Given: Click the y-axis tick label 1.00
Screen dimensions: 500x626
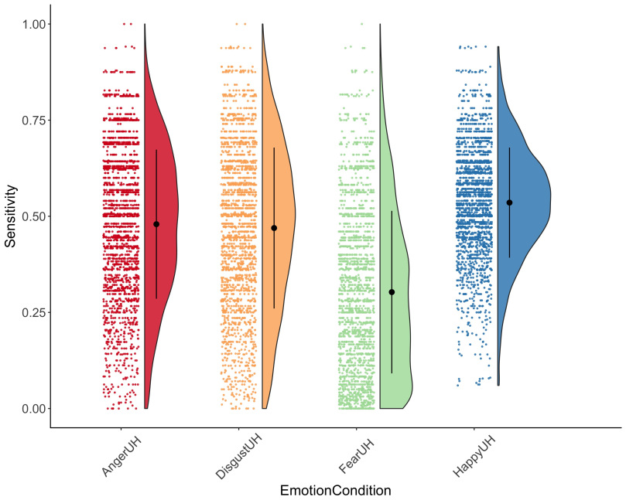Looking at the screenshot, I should [28, 24].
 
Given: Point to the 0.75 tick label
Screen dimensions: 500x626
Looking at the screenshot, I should [28, 120].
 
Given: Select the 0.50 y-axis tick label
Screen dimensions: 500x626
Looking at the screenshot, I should [28, 216].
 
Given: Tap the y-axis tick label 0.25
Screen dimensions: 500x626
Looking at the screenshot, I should [28, 312].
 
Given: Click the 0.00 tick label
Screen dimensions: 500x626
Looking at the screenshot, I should [28, 408].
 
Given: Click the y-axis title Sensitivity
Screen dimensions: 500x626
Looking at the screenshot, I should [11, 216].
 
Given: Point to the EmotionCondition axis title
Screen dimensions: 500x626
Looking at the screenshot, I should [335, 491].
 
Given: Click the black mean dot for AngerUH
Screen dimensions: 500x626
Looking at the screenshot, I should [156, 224].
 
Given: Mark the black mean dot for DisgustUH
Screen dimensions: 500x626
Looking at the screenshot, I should [274, 228].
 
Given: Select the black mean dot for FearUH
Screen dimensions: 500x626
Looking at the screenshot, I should [392, 292].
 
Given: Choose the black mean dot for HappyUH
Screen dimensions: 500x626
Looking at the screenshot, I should [509, 202].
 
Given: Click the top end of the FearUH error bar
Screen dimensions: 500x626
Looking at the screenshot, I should [392, 211].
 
